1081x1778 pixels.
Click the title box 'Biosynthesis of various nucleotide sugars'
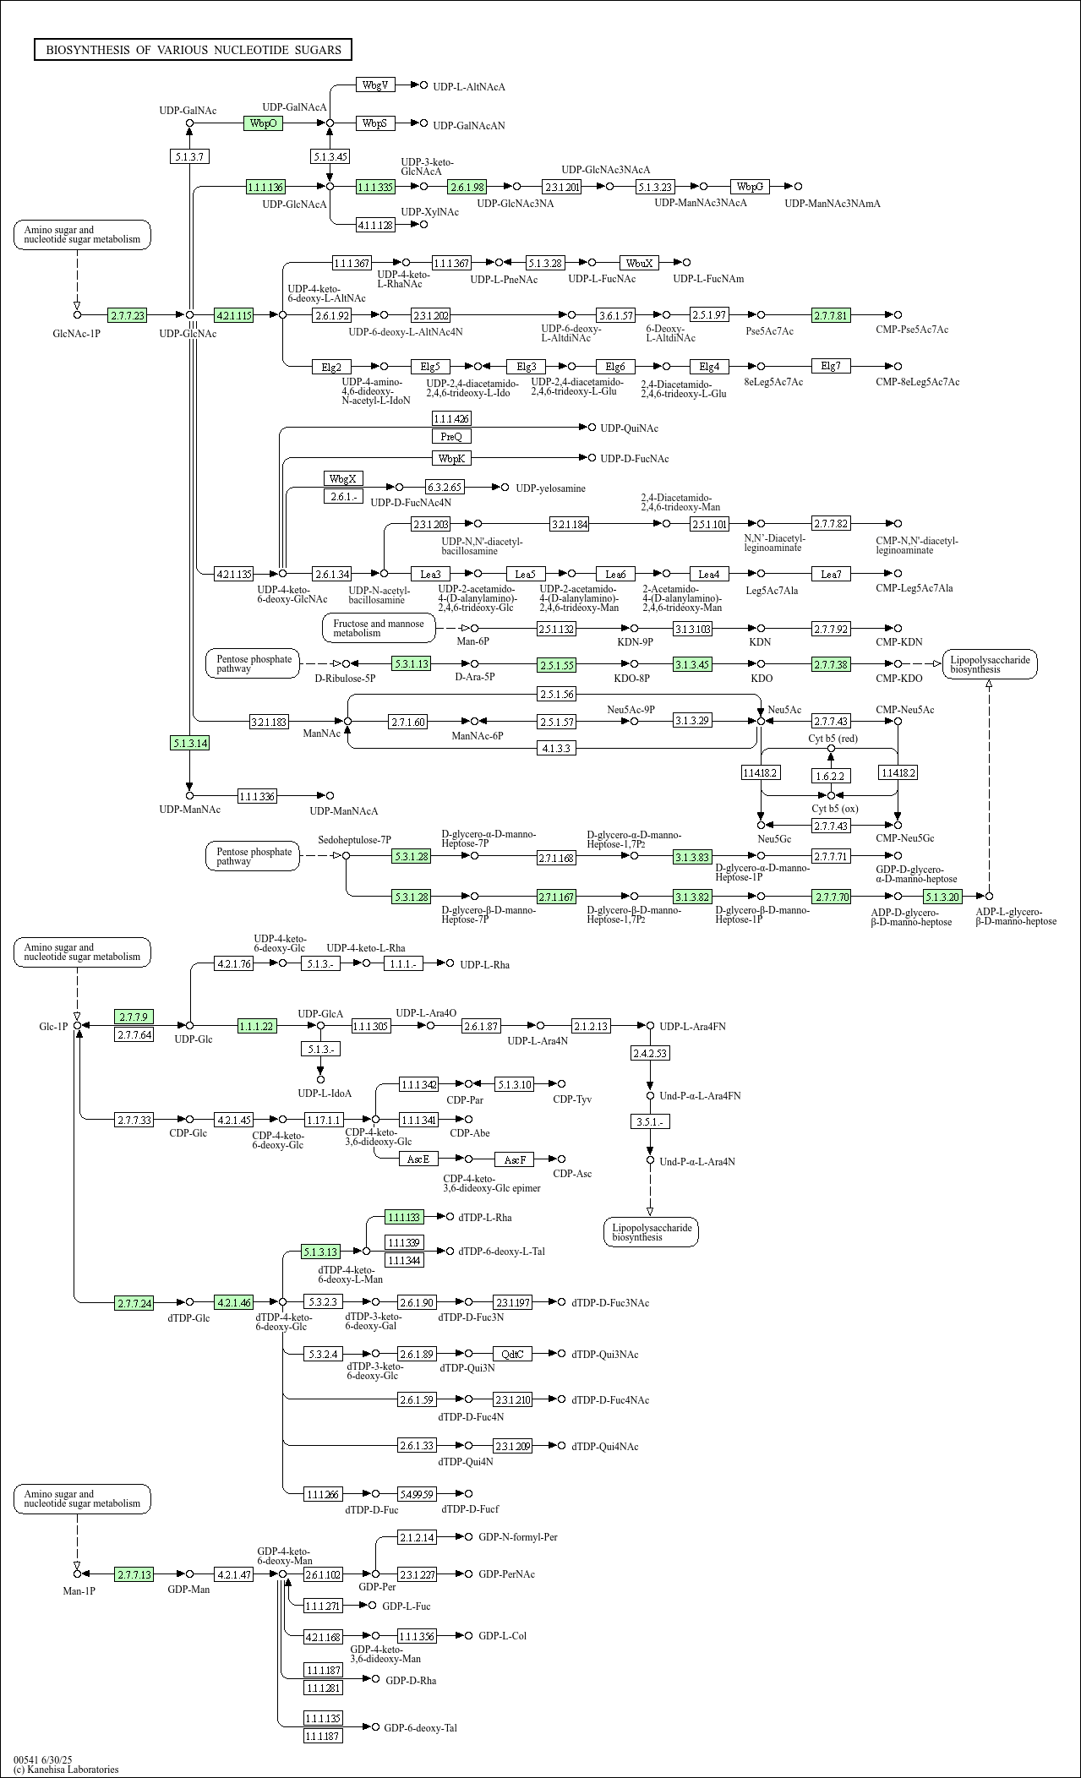(193, 50)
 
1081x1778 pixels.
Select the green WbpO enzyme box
(263, 123)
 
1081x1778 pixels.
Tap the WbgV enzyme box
(374, 85)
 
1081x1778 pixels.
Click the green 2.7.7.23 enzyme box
(127, 315)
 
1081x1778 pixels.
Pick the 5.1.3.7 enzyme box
(189, 156)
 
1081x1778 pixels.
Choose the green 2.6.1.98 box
(467, 187)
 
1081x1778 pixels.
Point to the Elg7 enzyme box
(831, 366)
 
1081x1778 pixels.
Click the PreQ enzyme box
(451, 436)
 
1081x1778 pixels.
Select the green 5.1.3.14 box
(189, 743)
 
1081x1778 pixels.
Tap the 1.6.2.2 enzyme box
(831, 776)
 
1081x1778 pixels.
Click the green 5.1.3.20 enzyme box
(942, 897)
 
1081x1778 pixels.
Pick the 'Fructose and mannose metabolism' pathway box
(379, 628)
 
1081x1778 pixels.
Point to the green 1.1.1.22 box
(257, 1026)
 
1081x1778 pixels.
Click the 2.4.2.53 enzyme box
(650, 1053)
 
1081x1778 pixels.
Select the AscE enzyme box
(418, 1159)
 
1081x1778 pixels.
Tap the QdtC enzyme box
(512, 1354)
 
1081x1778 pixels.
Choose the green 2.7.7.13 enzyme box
(134, 1574)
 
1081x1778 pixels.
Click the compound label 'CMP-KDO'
(899, 679)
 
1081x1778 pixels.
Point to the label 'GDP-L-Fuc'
(406, 1606)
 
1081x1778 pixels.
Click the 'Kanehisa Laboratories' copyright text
(66, 1769)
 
